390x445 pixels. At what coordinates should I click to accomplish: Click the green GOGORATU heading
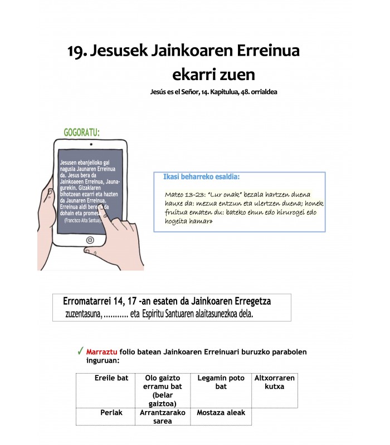click(x=82, y=132)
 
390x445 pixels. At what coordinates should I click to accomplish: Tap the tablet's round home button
click(x=90, y=241)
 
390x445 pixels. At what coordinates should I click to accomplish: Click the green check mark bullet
click(x=81, y=352)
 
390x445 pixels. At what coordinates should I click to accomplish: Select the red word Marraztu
click(x=101, y=352)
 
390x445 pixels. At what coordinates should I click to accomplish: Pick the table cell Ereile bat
click(x=111, y=378)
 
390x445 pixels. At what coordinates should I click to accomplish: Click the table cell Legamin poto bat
click(x=221, y=382)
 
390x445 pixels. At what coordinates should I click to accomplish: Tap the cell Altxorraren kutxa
click(x=274, y=382)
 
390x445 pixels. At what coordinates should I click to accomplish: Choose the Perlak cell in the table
click(x=111, y=413)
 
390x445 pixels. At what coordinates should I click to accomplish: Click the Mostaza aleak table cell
click(x=221, y=413)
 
